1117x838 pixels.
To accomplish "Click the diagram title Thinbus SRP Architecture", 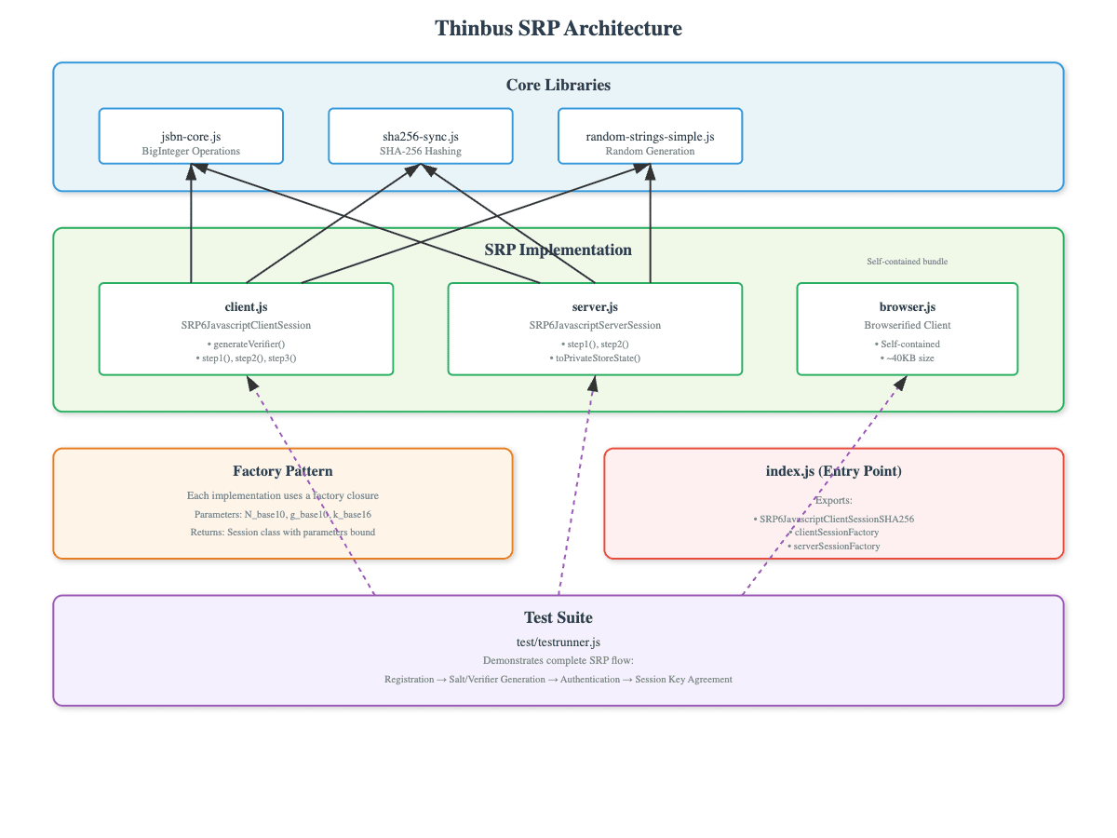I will tap(558, 29).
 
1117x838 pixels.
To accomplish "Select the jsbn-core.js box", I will tap(191, 136).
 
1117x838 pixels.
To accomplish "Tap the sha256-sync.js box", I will tap(420, 136).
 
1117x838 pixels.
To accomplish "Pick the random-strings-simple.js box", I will tap(650, 136).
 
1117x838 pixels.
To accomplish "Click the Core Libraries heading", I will tap(558, 85).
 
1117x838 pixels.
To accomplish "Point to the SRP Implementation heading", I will tap(558, 250).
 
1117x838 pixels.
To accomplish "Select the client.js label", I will tap(246, 306).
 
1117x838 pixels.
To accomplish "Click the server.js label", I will tap(595, 306).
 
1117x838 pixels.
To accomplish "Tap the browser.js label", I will tap(907, 306).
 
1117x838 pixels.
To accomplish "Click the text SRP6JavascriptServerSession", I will tap(595, 325).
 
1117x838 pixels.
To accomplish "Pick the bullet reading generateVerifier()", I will tap(246, 344).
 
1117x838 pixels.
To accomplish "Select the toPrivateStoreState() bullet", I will tap(595, 358).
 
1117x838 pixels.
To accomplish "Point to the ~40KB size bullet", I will tap(907, 358).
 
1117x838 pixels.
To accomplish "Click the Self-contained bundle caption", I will tap(907, 262).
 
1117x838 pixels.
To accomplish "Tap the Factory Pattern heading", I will tap(283, 471).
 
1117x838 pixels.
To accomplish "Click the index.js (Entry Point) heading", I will tap(833, 471).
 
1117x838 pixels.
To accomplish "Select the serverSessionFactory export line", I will tap(833, 547).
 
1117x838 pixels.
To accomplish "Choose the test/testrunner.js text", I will tap(558, 642).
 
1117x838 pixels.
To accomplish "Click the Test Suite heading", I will tap(558, 617).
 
